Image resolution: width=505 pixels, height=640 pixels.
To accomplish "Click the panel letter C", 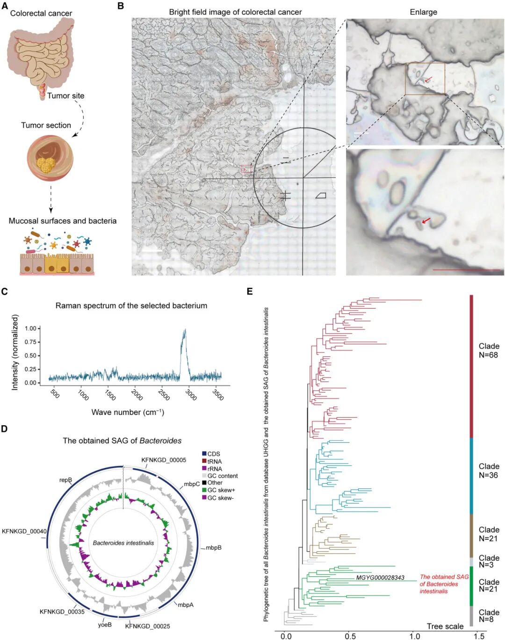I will (x=4, y=291).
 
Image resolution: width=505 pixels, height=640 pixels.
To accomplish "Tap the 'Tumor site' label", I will (x=65, y=96).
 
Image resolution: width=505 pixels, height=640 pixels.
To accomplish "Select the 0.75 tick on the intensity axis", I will (x=30, y=342).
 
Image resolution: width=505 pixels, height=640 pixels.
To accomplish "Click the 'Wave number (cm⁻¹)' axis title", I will (x=128, y=412).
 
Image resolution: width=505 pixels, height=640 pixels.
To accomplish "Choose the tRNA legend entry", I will (x=214, y=461).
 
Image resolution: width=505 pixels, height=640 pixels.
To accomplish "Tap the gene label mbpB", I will (x=214, y=547).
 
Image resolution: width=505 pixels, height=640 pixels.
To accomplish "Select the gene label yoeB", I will (x=105, y=624).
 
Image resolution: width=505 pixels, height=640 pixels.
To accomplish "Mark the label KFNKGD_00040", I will (x=24, y=531).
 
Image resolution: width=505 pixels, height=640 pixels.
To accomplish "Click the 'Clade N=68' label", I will (x=489, y=350).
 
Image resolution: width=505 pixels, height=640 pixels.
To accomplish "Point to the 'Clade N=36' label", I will (x=489, y=471).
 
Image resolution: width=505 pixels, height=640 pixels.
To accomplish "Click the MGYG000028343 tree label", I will (x=380, y=578).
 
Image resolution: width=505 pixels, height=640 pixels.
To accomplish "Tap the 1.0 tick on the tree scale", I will (x=415, y=636).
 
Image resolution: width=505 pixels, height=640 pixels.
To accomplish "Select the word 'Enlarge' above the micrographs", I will (x=423, y=12).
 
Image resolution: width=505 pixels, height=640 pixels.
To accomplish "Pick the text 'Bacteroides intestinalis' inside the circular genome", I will (x=123, y=543).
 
